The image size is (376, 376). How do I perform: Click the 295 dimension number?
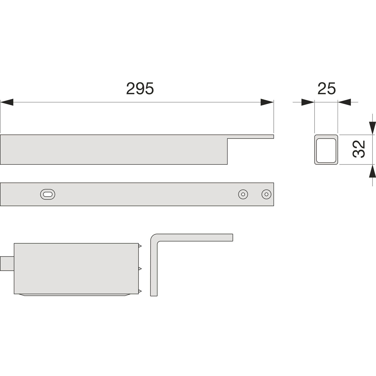pos(140,88)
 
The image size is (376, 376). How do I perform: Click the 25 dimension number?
pos(326,88)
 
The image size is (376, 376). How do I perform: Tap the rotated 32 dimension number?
pos(359,149)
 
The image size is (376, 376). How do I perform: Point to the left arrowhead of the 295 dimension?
pos(7,102)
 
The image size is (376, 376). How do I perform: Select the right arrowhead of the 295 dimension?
pos(267,102)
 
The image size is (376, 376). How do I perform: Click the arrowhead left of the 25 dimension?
pos(308,102)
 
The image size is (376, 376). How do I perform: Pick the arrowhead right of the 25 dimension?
pos(344,102)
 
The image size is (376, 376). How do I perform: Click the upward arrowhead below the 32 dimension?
pos(372,171)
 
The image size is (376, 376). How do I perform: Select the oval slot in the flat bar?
pos(48,194)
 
